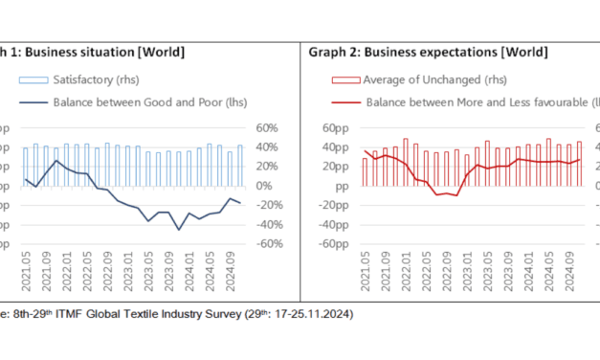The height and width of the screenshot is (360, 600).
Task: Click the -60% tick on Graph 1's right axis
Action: pyautogui.click(x=266, y=243)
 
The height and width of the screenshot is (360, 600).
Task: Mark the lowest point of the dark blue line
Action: pyautogui.click(x=179, y=230)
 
